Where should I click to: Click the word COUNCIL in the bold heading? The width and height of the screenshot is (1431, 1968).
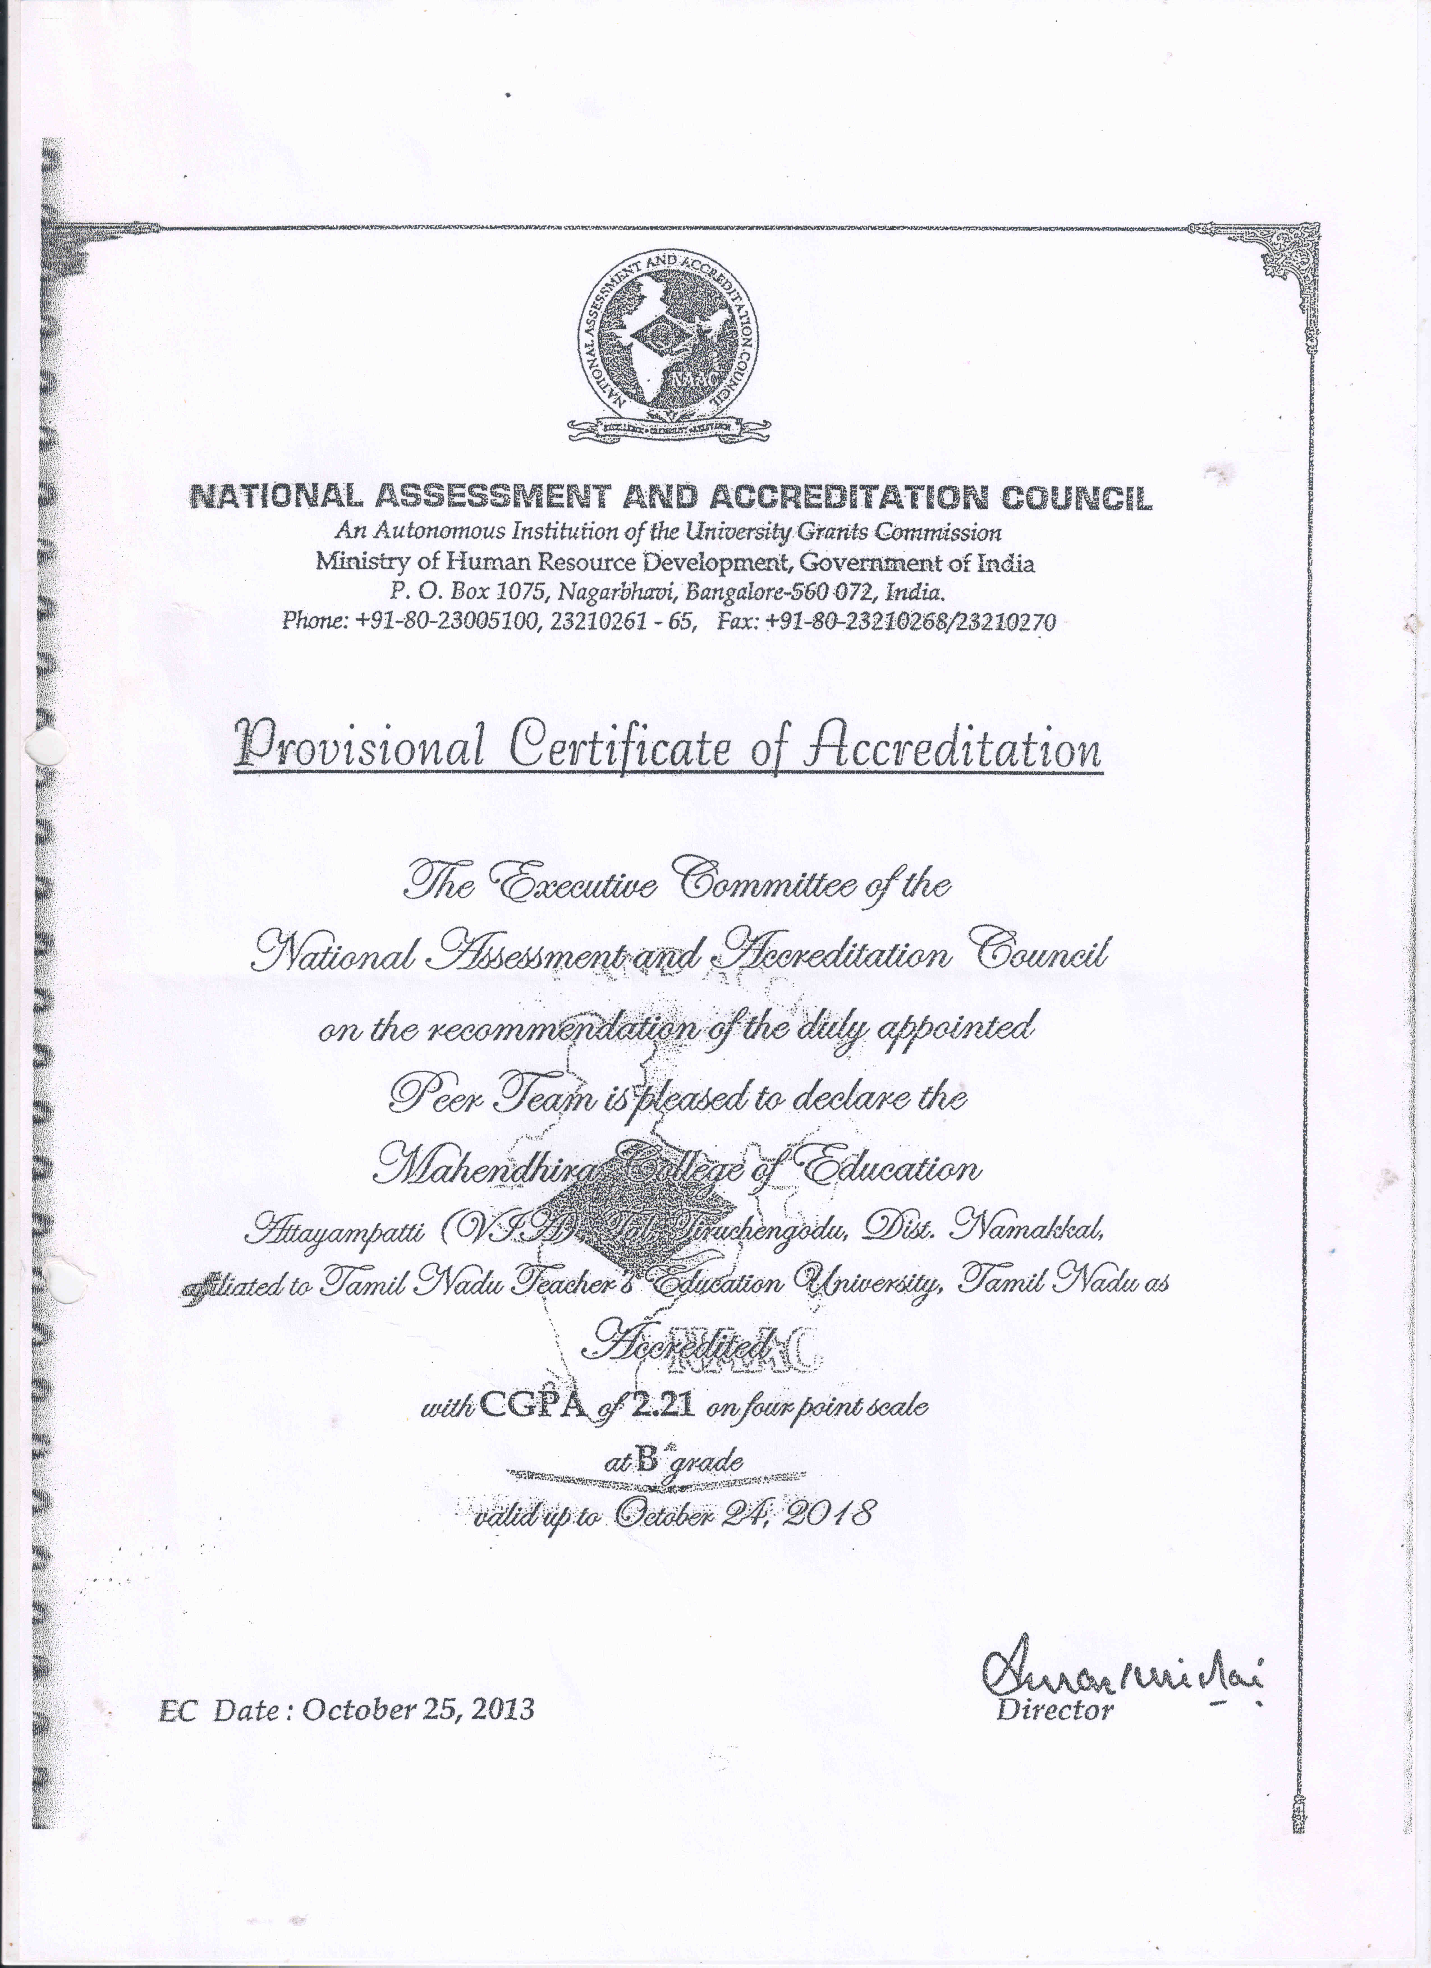[x=1077, y=498]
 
